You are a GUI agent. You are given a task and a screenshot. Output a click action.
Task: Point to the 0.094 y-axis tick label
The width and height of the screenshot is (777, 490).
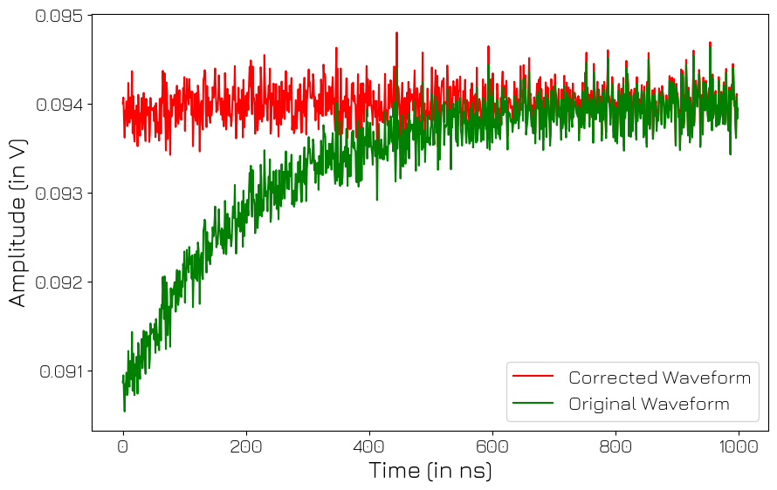coord(59,105)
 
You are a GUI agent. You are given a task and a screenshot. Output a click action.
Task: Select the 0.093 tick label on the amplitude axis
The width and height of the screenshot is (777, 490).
coord(59,193)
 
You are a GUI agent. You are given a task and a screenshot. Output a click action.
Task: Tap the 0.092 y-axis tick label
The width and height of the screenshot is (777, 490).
coord(59,282)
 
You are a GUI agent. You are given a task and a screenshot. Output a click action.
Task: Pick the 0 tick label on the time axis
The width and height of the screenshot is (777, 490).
coord(123,446)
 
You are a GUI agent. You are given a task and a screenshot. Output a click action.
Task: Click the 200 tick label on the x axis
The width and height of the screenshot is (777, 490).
coord(246,446)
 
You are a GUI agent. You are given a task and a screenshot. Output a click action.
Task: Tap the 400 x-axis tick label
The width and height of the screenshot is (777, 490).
coord(369,446)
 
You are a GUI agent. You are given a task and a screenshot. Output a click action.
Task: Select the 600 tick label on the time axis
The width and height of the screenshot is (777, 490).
coord(492,446)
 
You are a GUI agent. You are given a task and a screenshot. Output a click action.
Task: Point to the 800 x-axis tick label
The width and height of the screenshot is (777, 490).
coord(615,446)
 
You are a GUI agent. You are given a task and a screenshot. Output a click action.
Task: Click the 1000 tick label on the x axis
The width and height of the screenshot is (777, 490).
coord(739,446)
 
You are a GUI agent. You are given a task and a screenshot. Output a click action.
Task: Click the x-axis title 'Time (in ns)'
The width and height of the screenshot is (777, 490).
coord(430,471)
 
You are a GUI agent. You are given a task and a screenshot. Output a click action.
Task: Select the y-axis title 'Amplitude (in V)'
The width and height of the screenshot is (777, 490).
coord(17,222)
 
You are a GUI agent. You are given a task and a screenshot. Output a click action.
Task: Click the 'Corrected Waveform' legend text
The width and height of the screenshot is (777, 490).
coord(659,378)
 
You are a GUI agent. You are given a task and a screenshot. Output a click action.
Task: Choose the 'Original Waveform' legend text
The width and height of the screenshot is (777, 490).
coord(649,404)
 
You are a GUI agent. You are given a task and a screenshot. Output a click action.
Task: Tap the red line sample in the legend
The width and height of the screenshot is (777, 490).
coord(533,378)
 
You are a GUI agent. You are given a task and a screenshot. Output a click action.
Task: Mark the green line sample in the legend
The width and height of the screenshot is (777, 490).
coord(533,404)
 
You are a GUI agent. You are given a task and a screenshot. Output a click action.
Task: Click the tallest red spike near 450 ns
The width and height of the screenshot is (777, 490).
coord(396,34)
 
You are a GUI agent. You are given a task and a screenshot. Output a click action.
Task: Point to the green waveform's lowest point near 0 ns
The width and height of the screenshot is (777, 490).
coord(124,411)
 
